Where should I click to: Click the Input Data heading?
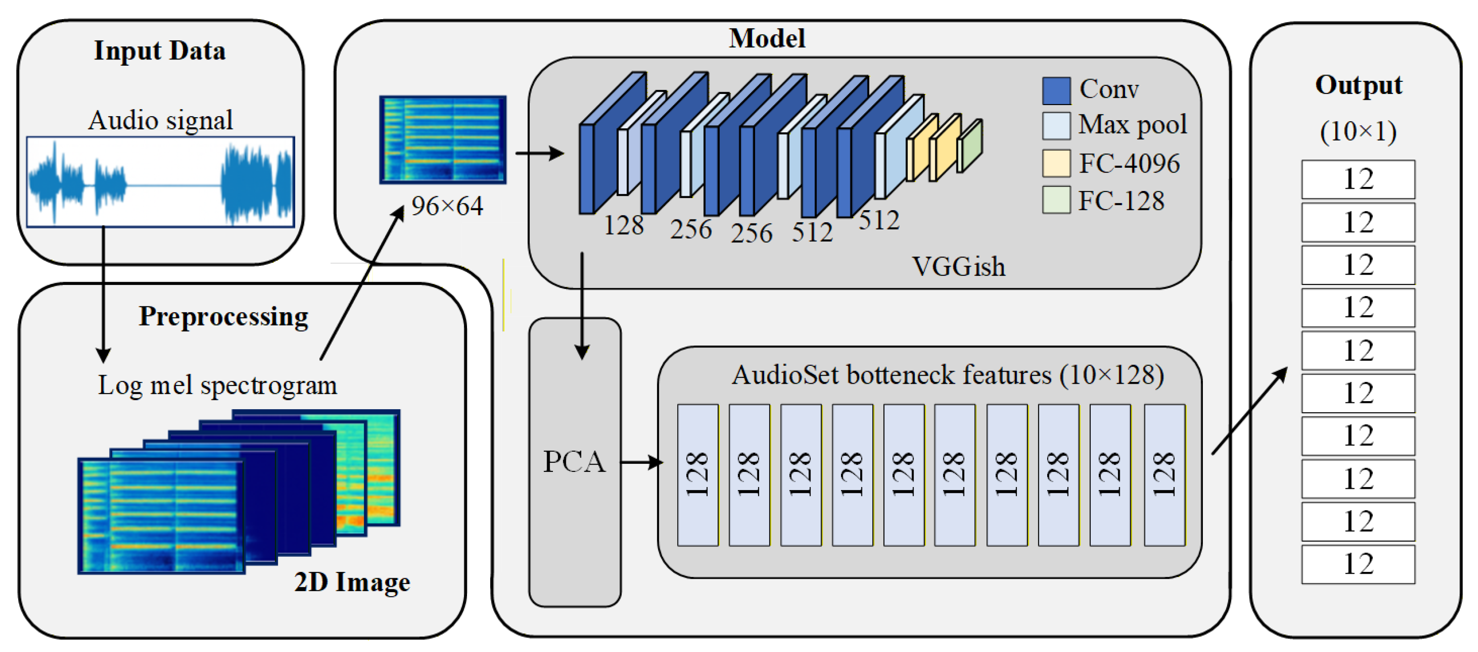160,51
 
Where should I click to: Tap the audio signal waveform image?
161,182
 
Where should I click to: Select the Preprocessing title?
223,316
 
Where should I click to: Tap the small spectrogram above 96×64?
442,140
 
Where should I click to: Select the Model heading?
767,38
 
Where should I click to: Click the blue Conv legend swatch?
1056,91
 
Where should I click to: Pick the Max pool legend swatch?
1056,126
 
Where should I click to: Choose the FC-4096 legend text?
1129,163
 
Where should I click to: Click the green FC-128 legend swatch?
1056,200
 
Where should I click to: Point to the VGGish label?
958,267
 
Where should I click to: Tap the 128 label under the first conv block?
623,225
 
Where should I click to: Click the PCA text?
574,461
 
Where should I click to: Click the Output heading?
1358,85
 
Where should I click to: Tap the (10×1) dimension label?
1358,131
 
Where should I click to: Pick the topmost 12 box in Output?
1358,179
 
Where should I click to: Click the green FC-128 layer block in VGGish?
970,146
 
